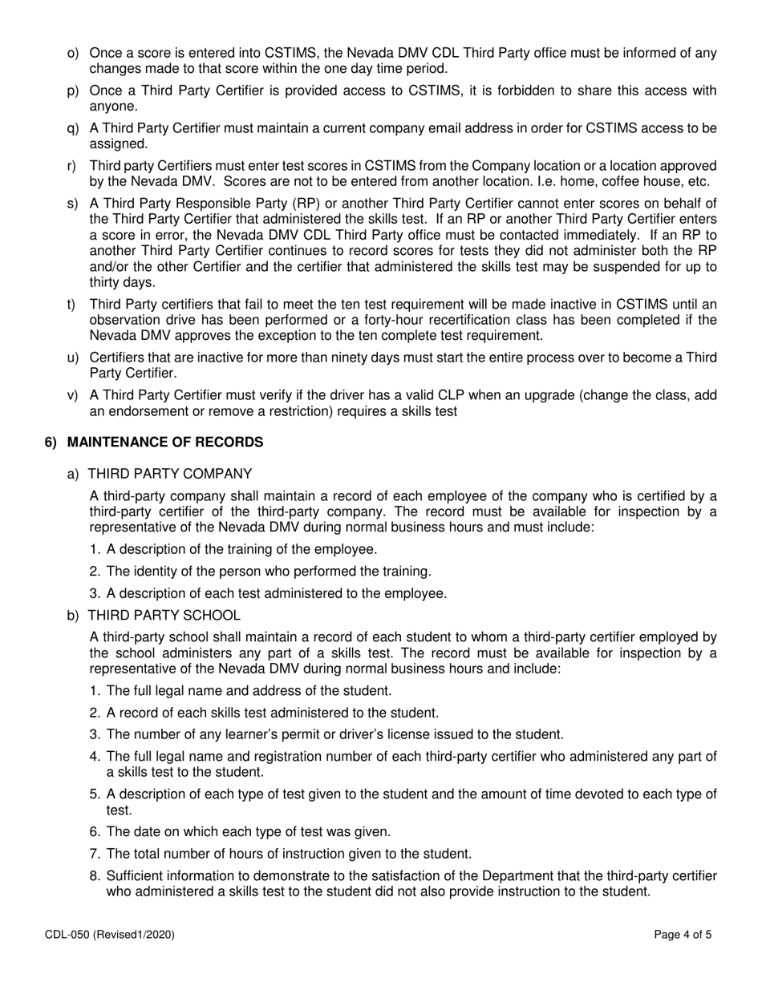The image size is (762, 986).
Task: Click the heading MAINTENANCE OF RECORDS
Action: [164, 442]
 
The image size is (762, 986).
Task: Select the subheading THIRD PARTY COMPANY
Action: [169, 473]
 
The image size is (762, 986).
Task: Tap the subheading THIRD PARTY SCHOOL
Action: [164, 615]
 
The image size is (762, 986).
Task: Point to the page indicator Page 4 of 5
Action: [683, 934]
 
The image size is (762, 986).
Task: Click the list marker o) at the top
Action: [73, 53]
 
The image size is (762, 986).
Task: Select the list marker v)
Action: [73, 394]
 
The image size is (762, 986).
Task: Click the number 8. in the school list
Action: [95, 875]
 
